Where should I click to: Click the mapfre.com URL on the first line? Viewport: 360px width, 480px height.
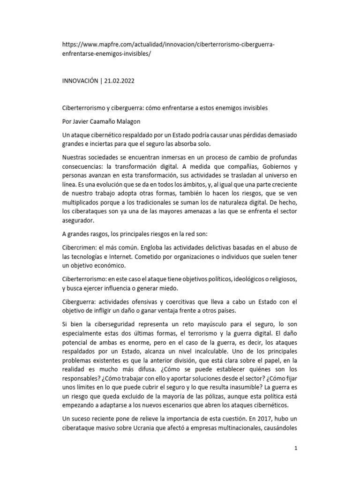click(169, 45)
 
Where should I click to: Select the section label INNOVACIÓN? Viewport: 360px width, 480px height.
click(81, 81)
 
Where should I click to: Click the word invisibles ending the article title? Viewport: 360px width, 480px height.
click(251, 108)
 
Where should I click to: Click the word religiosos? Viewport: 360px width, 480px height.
click(279, 279)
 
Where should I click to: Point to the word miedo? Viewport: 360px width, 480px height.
click(169, 288)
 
